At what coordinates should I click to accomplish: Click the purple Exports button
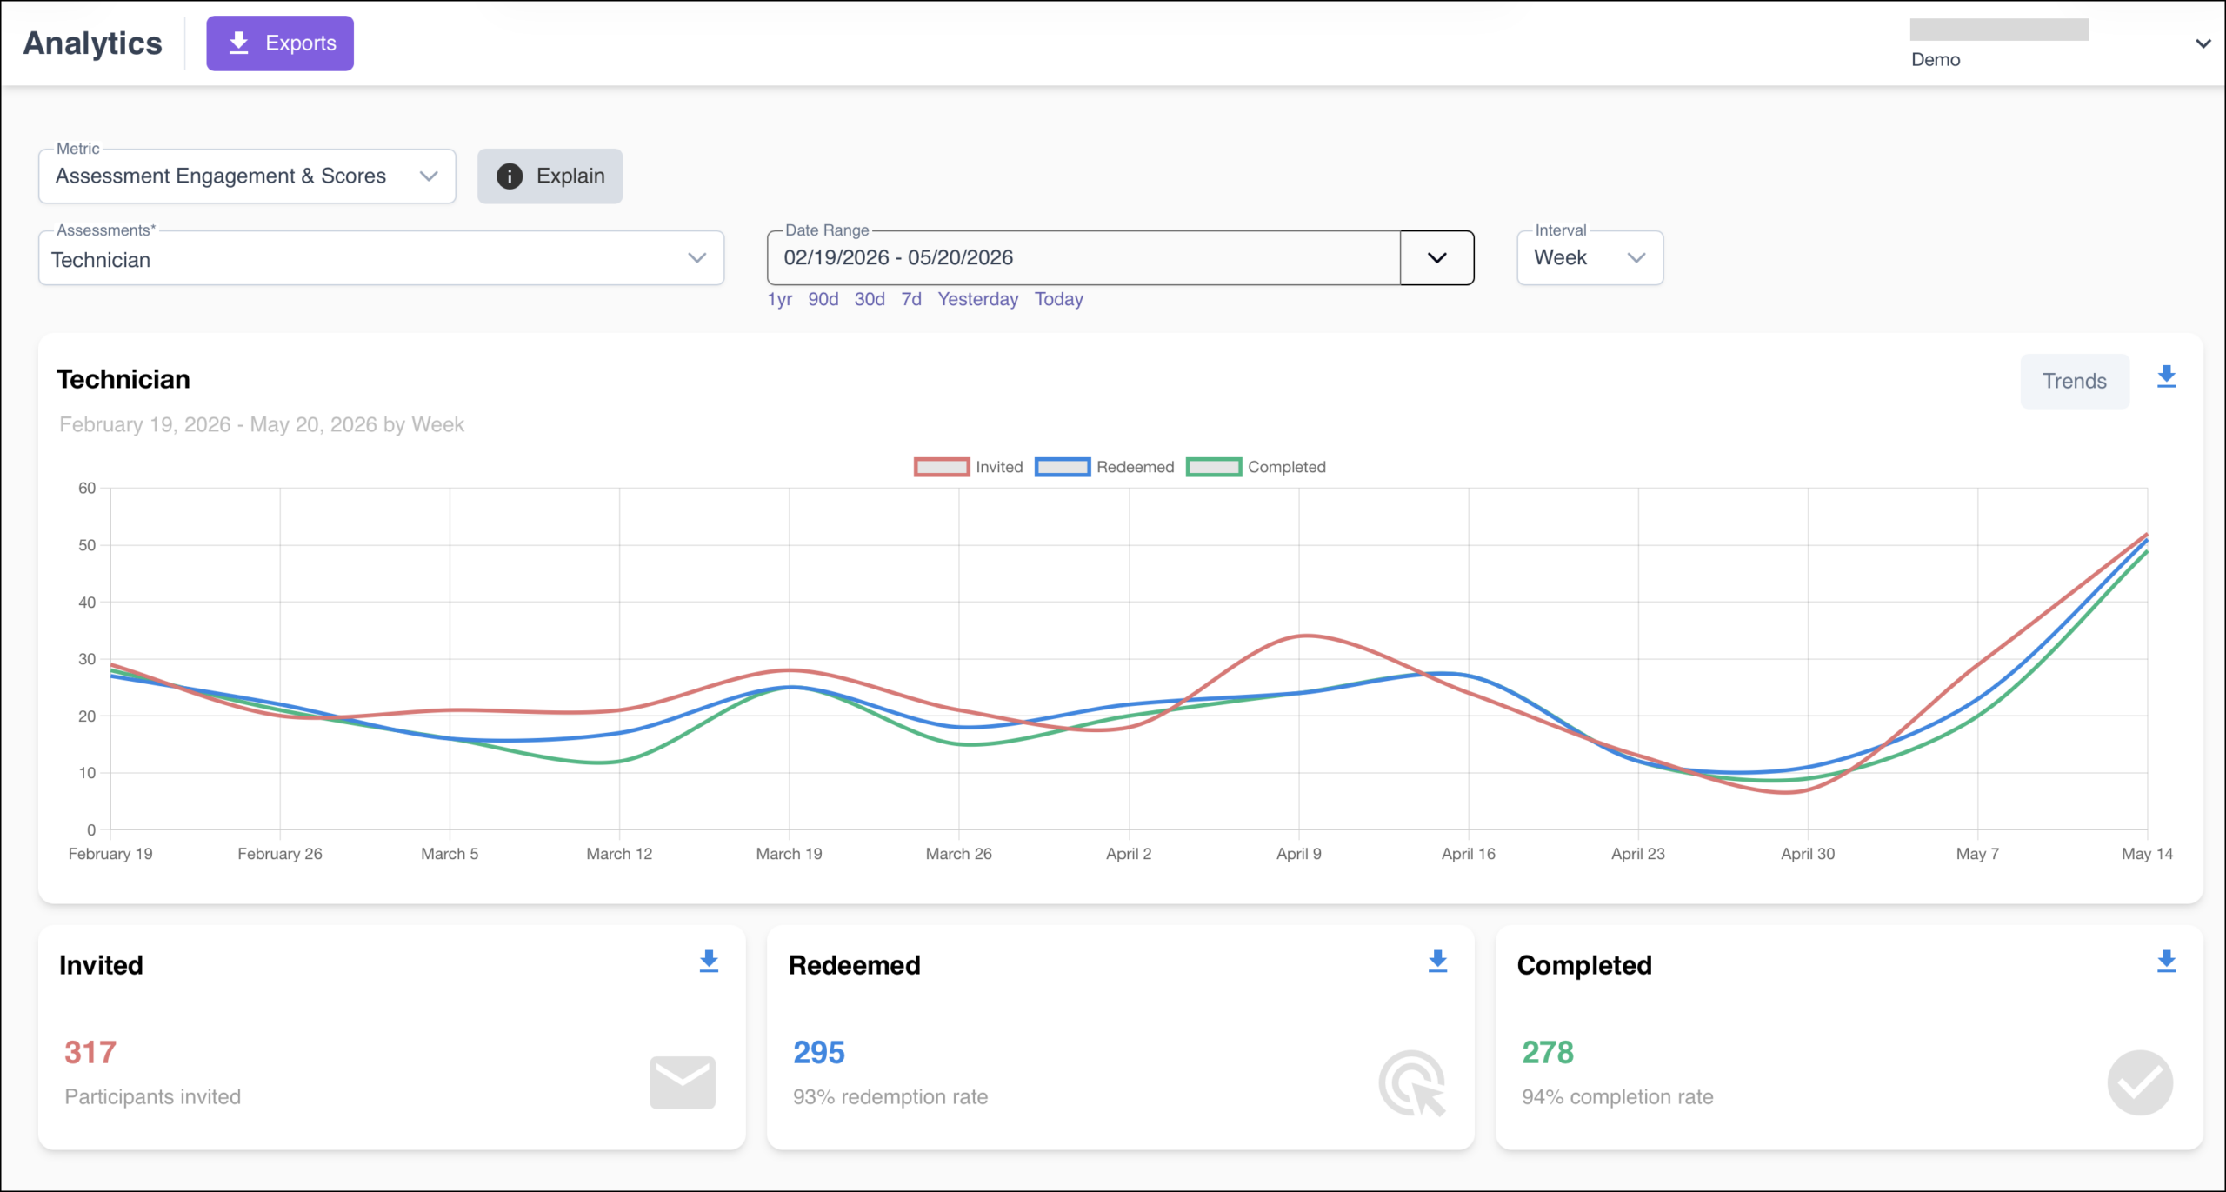(x=280, y=43)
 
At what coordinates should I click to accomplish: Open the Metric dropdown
(x=247, y=176)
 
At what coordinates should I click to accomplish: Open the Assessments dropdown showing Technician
(x=381, y=258)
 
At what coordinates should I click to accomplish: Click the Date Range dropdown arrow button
(x=1436, y=258)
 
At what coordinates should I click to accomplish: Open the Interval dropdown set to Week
(x=1590, y=258)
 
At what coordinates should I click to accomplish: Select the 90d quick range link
(x=823, y=299)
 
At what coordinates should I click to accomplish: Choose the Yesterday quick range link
(x=977, y=299)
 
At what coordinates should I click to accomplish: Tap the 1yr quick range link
(x=779, y=299)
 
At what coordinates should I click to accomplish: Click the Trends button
(x=2075, y=381)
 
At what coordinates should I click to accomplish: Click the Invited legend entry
(x=969, y=467)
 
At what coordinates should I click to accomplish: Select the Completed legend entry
(x=1256, y=467)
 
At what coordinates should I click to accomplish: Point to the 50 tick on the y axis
(x=87, y=545)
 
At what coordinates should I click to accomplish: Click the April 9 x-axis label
(x=1299, y=854)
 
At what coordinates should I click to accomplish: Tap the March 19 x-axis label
(x=789, y=854)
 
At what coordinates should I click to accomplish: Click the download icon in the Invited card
(x=709, y=961)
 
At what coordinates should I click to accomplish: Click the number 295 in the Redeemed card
(x=819, y=1053)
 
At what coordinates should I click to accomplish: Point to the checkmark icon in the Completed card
(x=2140, y=1082)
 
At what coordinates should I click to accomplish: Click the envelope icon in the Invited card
(x=683, y=1082)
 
